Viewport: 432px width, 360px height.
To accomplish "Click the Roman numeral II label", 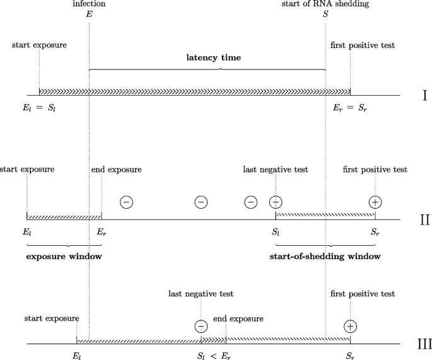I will (x=424, y=219).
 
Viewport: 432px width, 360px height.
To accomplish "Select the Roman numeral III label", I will (x=424, y=344).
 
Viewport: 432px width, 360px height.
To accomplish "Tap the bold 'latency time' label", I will (x=213, y=57).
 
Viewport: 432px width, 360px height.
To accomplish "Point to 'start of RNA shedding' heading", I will (x=325, y=4).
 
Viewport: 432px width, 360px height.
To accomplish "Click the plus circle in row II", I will (x=375, y=202).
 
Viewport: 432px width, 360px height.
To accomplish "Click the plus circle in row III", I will (x=351, y=326).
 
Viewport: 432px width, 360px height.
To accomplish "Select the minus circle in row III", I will (x=201, y=326).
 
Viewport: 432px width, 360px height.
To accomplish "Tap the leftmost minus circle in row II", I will (x=126, y=202).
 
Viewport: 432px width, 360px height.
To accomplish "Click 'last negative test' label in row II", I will (x=276, y=170).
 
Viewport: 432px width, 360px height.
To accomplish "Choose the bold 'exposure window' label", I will (x=64, y=257).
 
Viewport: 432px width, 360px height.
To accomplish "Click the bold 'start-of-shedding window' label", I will (x=325, y=257).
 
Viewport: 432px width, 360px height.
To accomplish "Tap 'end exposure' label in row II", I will (x=117, y=170).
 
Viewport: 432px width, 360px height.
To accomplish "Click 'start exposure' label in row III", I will (x=51, y=318).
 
